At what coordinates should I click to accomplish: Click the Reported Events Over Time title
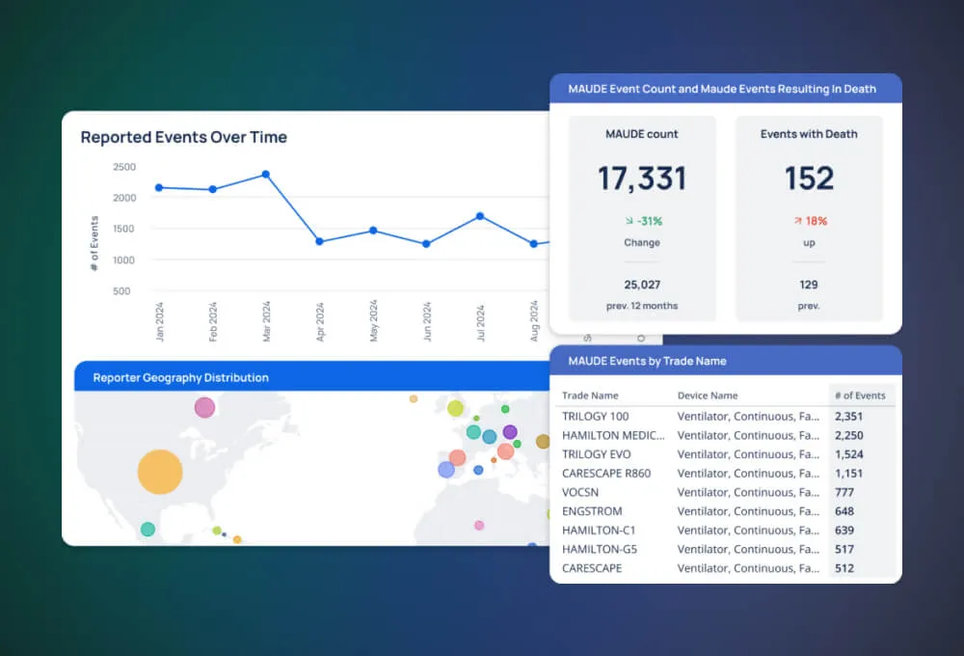click(x=183, y=137)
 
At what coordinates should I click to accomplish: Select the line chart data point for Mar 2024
click(x=265, y=175)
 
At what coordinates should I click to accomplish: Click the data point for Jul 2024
click(x=480, y=216)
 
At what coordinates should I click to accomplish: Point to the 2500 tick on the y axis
click(x=124, y=167)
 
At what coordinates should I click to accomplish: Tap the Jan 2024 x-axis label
click(x=160, y=321)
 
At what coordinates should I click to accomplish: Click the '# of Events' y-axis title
click(x=94, y=244)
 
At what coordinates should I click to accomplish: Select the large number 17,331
click(x=641, y=178)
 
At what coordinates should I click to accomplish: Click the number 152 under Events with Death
click(x=809, y=178)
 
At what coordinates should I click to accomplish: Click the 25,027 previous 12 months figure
click(x=641, y=285)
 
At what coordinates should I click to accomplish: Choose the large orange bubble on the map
click(x=160, y=472)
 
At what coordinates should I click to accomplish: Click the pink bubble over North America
click(x=204, y=407)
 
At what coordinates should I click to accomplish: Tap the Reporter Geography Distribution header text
click(x=180, y=377)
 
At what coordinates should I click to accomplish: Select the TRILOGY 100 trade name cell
click(x=595, y=416)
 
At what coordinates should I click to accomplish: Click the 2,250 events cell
click(x=848, y=435)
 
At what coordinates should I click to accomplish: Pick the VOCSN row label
click(x=579, y=492)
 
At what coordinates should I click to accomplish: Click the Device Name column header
click(x=708, y=396)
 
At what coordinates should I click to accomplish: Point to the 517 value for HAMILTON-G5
click(x=843, y=549)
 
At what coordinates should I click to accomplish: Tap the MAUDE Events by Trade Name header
click(x=647, y=361)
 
